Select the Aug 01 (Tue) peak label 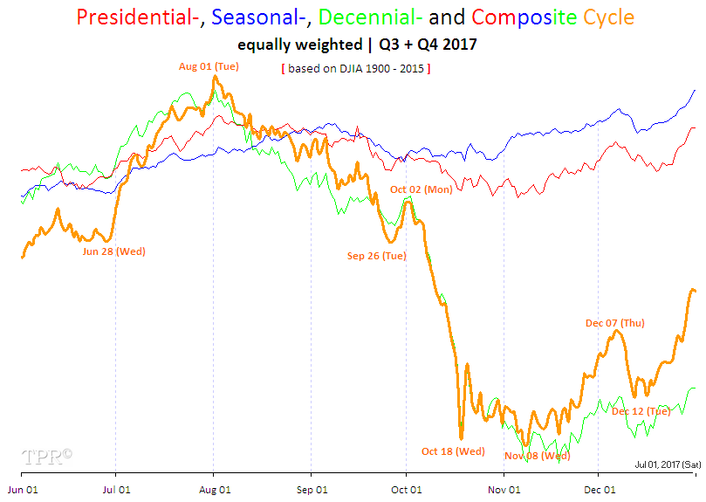click(x=209, y=65)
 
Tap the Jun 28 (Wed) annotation click(x=113, y=251)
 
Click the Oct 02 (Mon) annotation click(x=421, y=189)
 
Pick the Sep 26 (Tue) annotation click(x=377, y=256)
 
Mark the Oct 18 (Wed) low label click(x=453, y=451)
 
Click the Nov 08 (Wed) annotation click(x=537, y=456)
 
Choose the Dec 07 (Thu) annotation click(x=614, y=323)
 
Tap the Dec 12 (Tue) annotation click(x=641, y=411)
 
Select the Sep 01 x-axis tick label click(x=311, y=490)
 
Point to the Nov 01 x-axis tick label click(x=504, y=490)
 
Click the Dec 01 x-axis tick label click(x=599, y=490)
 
